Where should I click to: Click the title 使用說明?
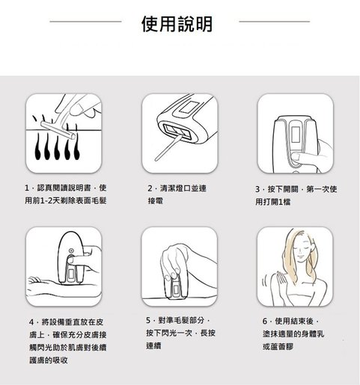coord(177,24)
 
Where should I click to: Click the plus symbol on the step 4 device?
coord(71,250)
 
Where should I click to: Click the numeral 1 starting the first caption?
coord(27,188)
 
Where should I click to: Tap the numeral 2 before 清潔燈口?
coord(150,188)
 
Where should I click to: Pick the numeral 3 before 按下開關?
coord(257,189)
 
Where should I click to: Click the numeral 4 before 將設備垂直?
coord(31,322)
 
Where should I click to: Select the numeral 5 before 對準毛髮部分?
coord(148,320)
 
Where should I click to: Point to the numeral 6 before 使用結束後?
coord(265,321)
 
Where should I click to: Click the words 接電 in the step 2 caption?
coord(155,201)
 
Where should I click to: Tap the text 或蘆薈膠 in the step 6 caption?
coord(278,346)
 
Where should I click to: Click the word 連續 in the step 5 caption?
coord(153,345)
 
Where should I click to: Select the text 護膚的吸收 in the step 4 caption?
coord(49,360)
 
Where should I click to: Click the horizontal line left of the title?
coord(85,22)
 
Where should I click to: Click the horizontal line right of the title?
coord(275,22)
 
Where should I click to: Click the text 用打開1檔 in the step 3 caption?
coord(273,202)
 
